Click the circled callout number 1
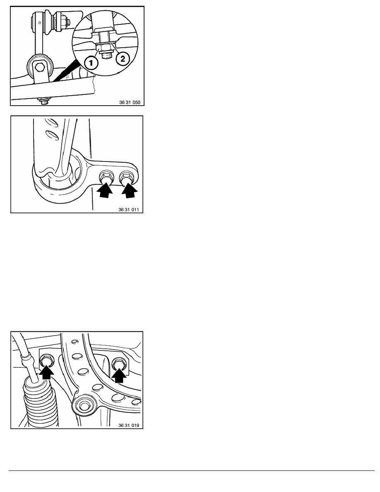(91, 63)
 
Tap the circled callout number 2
(123, 59)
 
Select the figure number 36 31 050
(130, 102)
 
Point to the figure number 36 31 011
(129, 210)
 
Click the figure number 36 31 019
(129, 425)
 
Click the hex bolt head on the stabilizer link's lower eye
(39, 67)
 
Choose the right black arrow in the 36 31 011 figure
(129, 190)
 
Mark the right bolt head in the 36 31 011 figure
(126, 178)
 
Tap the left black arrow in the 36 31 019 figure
(46, 371)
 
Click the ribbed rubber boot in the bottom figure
(41, 402)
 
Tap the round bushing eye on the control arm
(83, 405)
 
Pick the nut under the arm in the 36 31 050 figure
(44, 100)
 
